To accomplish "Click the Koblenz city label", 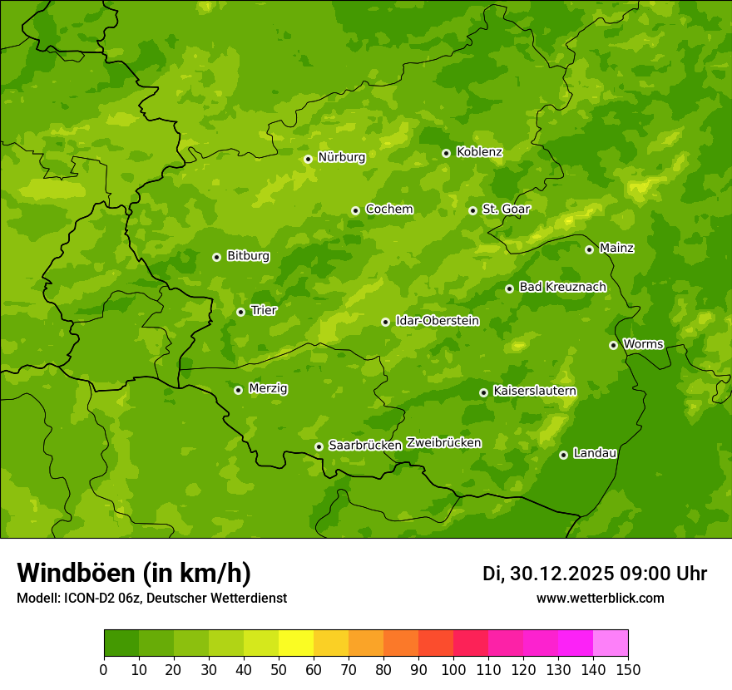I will coord(479,152).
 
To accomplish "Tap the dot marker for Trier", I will coord(240,312).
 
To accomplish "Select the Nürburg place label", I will coord(341,156).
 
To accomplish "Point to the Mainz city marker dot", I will coord(589,249).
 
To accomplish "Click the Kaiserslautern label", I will coord(535,391).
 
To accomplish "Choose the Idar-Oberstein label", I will coord(437,320).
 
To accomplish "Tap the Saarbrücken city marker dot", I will coord(319,446).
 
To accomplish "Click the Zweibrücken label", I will coord(443,443).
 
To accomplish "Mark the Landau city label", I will coord(595,453).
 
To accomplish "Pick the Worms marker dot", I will coord(613,345).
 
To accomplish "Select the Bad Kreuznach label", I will coord(562,287).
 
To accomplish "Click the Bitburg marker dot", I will coord(216,257).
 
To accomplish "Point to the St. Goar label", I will coord(506,209).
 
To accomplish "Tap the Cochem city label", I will coord(389,209).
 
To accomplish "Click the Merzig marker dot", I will coord(238,390).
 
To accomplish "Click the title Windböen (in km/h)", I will coord(134,573).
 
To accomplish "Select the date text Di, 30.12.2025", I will coord(547,574).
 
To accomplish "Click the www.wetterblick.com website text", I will coord(600,598).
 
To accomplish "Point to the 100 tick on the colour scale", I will coord(453,669).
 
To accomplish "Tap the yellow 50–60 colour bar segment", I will coord(296,643).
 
